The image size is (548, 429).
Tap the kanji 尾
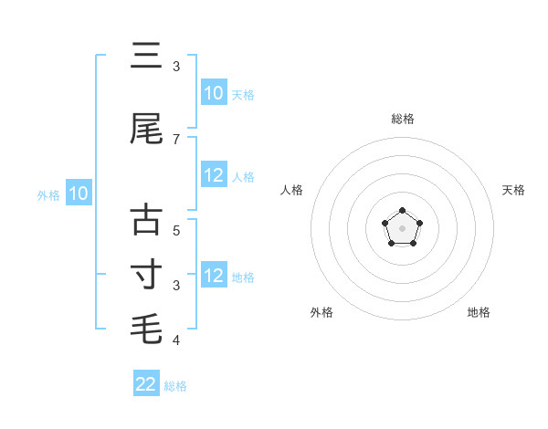[x=146, y=129]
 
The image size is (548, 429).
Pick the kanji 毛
[x=146, y=328]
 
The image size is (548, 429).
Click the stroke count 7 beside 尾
[x=176, y=139]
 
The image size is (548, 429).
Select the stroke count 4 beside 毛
[x=176, y=340]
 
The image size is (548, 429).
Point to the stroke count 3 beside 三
[x=176, y=67]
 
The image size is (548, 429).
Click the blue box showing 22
[x=146, y=384]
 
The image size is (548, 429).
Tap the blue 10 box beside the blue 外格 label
[x=79, y=194]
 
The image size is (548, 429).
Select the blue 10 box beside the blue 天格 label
[x=213, y=93]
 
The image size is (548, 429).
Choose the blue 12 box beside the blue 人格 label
[x=213, y=176]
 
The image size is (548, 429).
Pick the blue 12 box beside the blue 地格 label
[x=213, y=276]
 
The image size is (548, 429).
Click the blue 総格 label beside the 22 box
[x=175, y=386]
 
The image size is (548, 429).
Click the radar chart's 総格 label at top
[x=402, y=119]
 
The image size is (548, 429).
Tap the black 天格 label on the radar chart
[x=513, y=190]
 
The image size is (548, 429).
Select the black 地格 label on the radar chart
[x=479, y=312]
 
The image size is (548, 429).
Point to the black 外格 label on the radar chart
[x=321, y=312]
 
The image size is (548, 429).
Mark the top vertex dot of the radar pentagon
[x=402, y=211]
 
